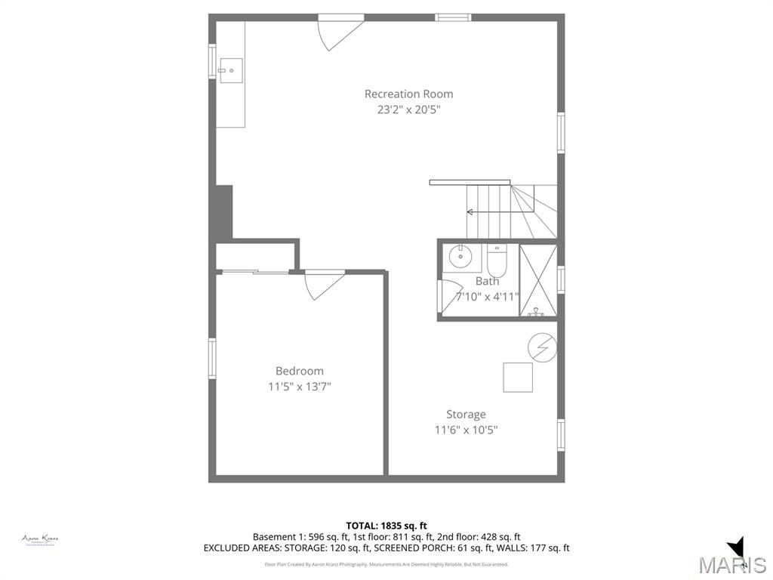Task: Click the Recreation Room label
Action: [x=408, y=94]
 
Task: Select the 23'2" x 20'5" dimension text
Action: [x=408, y=110]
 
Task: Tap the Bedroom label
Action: [x=299, y=371]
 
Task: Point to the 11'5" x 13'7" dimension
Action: [x=299, y=387]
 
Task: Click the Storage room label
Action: [x=466, y=415]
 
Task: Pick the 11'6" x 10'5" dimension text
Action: [x=466, y=430]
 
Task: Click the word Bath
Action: [x=487, y=281]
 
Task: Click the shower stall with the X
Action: [x=538, y=279]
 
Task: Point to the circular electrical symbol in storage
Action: [x=541, y=347]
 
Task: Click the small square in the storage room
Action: [x=518, y=377]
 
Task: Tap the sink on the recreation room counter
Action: [x=231, y=71]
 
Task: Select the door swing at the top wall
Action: [x=337, y=33]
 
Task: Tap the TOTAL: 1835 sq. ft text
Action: [x=386, y=526]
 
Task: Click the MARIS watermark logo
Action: [x=731, y=563]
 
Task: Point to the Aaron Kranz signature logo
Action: [x=40, y=540]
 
